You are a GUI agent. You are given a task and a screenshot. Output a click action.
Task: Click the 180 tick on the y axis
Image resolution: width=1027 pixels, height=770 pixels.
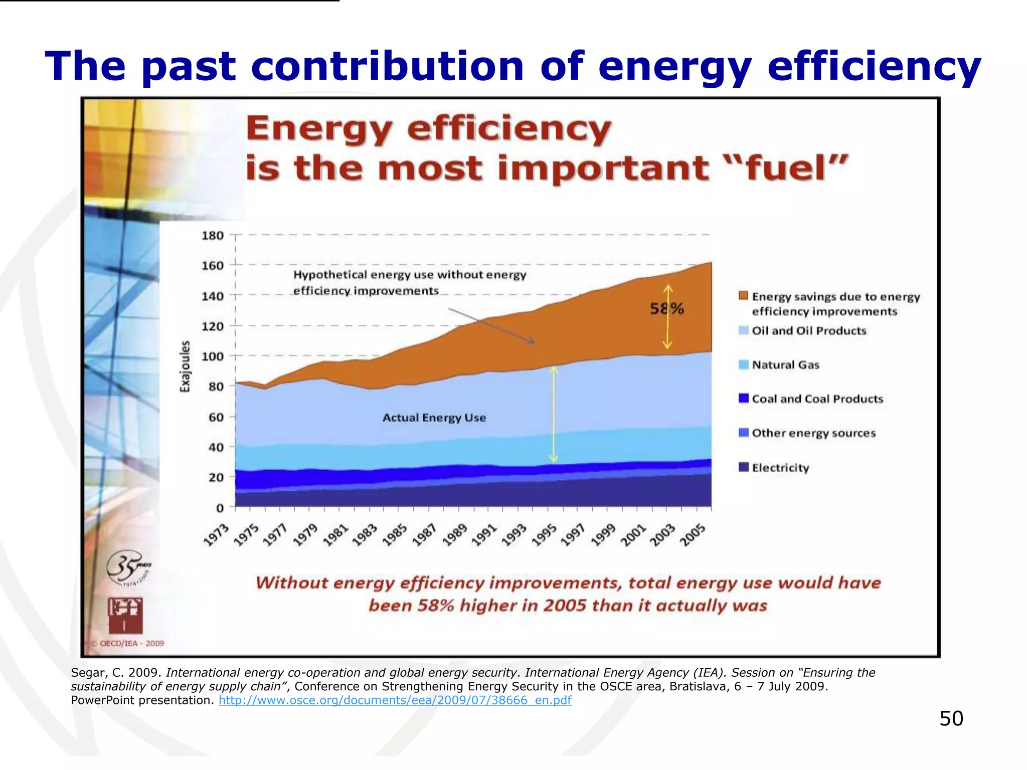coord(213,235)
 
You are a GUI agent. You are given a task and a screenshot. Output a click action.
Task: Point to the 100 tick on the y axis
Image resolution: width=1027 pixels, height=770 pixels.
coord(213,356)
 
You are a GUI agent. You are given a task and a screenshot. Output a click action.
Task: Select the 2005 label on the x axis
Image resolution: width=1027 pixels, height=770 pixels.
coord(693,535)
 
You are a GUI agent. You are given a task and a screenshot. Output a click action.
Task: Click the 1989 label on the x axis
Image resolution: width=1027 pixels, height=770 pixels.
coord(455,535)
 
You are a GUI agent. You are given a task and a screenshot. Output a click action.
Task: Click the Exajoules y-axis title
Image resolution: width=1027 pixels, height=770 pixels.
coord(186,366)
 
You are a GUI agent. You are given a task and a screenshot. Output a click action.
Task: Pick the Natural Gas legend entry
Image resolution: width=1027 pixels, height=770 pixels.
coord(785,365)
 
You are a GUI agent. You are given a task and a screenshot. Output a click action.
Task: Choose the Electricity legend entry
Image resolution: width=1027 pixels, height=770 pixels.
coord(780,468)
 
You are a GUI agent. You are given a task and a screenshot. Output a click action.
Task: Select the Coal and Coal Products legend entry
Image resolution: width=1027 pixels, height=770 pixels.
coord(817,399)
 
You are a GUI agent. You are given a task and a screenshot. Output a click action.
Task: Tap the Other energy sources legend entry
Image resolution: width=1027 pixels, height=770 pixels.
coord(813,433)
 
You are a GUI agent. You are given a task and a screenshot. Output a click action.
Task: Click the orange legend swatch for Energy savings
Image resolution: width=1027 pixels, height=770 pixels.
coord(744,295)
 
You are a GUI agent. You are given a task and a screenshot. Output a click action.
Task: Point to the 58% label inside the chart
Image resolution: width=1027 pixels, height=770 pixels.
coord(667,308)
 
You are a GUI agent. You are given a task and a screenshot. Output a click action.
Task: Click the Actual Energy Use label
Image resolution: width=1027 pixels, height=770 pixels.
coord(434,418)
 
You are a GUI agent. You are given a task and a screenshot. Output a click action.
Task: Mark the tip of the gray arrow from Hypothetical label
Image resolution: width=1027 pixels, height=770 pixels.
coord(535,343)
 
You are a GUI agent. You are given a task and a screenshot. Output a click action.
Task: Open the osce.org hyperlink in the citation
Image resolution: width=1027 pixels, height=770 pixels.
coord(395,700)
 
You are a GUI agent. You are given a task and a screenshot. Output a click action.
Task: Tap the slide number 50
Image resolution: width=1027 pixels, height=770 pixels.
coord(951,718)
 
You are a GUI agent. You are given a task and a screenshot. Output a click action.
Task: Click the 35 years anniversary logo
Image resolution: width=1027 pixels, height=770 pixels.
coord(128,568)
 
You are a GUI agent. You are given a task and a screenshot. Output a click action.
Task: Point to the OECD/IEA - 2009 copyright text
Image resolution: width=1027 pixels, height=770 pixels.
coord(131,643)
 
